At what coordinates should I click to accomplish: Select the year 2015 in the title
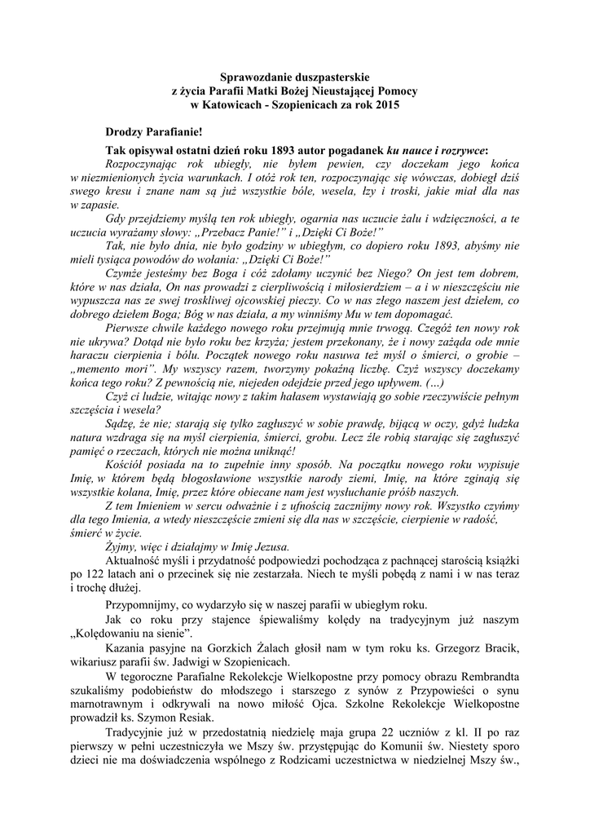[386, 105]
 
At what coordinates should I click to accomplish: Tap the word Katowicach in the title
[241, 105]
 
